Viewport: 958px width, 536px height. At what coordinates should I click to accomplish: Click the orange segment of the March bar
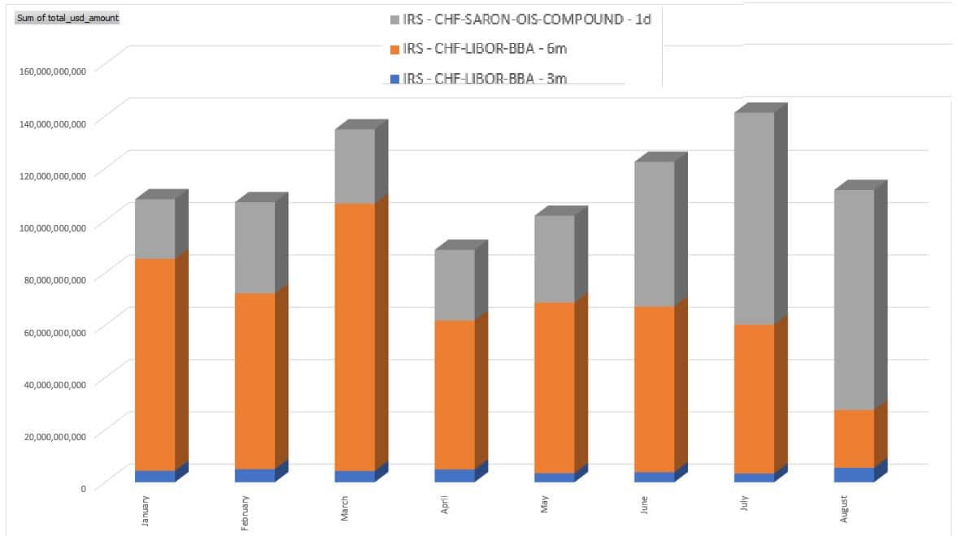click(355, 336)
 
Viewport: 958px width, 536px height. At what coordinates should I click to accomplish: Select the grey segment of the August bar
click(854, 300)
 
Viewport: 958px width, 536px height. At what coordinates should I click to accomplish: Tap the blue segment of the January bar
click(155, 476)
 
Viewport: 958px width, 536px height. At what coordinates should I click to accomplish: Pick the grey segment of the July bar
click(754, 218)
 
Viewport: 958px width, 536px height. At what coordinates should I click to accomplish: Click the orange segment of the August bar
click(854, 439)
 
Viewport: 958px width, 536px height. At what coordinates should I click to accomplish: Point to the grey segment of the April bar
click(455, 285)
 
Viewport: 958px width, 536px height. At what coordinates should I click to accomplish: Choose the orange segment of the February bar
click(255, 381)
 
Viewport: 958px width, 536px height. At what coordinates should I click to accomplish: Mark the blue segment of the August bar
click(854, 474)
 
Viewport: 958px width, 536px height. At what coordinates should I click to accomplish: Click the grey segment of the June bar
click(655, 234)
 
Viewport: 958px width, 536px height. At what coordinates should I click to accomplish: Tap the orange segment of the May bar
click(555, 387)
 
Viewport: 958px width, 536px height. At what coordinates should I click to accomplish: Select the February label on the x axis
click(245, 513)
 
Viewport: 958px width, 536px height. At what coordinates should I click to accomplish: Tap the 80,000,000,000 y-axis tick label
click(54, 279)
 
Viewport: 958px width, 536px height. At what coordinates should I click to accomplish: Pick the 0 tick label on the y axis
click(82, 488)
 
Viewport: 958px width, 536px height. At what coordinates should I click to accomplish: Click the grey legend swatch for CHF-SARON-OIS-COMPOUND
click(395, 19)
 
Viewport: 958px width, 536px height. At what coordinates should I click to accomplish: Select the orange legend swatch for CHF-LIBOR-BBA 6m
click(395, 50)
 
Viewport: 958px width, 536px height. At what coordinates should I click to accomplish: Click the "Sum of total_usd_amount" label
click(67, 17)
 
